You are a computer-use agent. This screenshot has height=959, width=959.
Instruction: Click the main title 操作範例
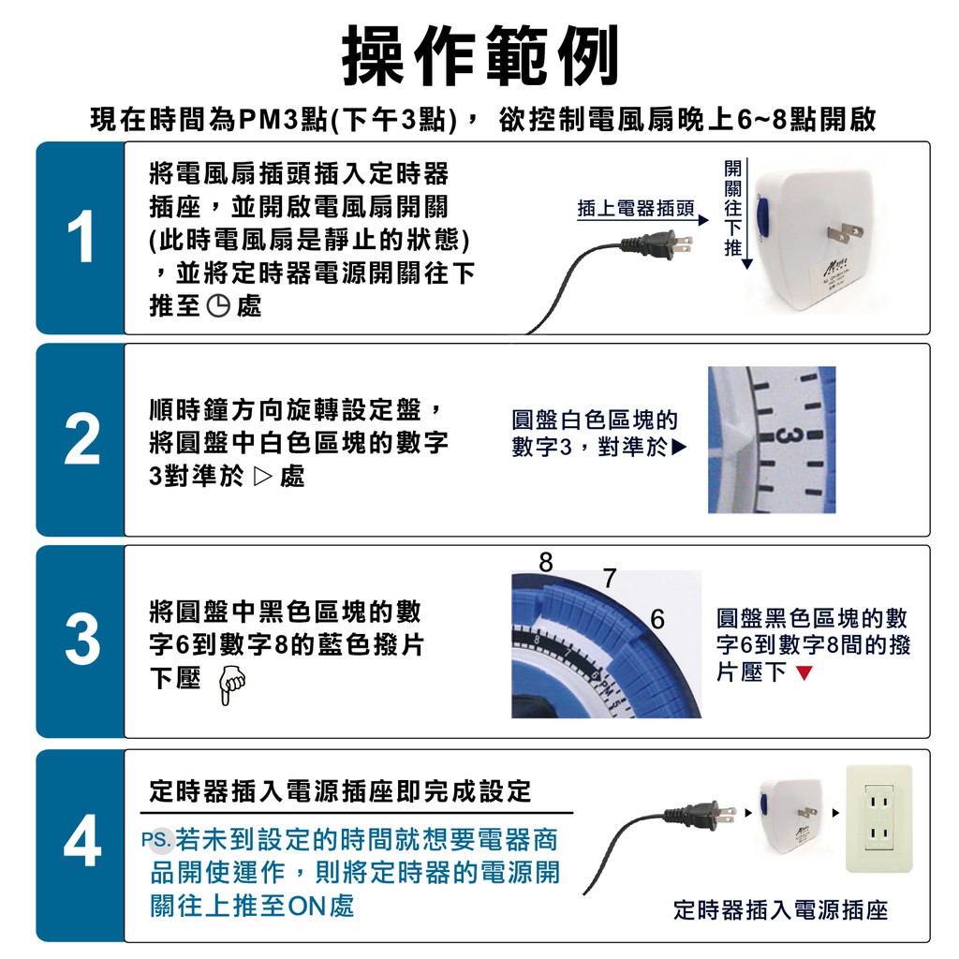point(480,56)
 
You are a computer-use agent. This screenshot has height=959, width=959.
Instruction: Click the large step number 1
point(81,237)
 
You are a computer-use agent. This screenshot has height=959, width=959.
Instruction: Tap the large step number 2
point(81,439)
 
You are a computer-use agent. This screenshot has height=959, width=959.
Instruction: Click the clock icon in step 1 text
point(218,305)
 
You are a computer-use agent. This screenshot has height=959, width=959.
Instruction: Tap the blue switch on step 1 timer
point(762,216)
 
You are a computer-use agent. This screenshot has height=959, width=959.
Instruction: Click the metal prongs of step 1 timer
point(845,234)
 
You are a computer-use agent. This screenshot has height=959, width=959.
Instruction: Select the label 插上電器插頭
point(636,209)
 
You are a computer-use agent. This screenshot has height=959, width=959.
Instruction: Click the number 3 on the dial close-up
point(790,436)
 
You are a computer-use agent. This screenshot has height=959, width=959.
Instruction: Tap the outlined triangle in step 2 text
point(262,477)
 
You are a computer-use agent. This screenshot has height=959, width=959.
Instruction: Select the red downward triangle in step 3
point(804,673)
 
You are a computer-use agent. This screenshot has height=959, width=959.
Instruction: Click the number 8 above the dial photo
point(546,562)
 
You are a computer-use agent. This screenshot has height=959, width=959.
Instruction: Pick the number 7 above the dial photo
point(609,578)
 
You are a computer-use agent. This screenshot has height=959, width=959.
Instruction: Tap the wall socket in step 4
point(878,819)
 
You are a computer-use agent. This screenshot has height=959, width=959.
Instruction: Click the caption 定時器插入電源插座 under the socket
point(780,910)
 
